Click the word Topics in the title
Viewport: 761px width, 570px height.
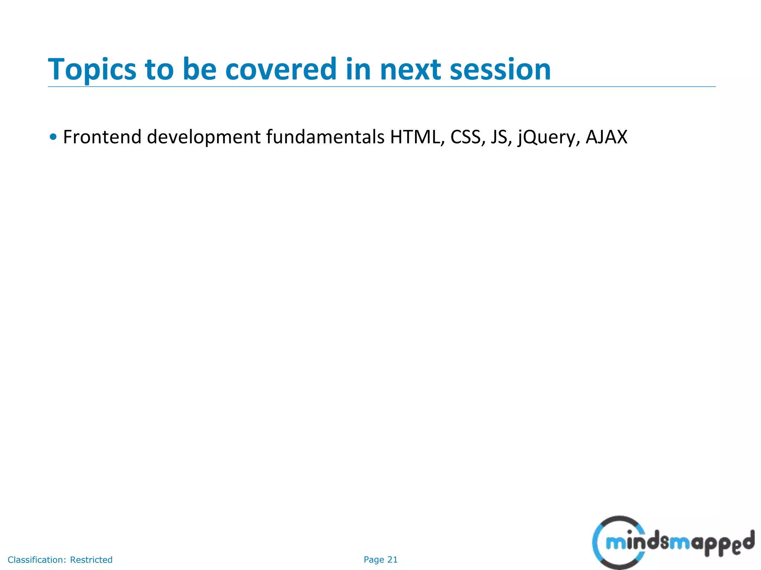[x=92, y=70]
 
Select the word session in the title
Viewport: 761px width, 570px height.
[x=500, y=70]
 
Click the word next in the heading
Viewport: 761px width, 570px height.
[x=410, y=70]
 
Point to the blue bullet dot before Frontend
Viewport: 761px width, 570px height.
[x=53, y=137]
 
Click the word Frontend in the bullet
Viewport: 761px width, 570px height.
[x=102, y=137]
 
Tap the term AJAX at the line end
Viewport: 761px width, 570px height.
[x=606, y=137]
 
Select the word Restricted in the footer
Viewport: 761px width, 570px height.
[x=91, y=560]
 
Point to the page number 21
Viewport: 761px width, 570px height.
[x=392, y=560]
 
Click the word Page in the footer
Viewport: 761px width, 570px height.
[x=374, y=560]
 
